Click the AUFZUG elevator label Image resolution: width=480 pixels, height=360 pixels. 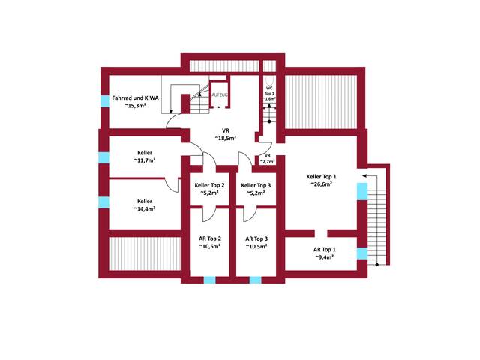[x=220, y=95]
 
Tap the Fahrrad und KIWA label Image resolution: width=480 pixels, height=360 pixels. [x=135, y=98]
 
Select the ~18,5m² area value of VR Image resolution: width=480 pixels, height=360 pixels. [x=225, y=138]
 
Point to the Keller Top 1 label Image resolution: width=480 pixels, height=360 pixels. [x=322, y=177]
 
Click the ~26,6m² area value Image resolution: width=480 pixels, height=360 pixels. [x=322, y=184]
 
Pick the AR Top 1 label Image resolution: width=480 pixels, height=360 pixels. [x=325, y=250]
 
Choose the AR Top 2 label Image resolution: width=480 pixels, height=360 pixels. [x=210, y=238]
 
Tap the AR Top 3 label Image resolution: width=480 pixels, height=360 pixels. [x=256, y=238]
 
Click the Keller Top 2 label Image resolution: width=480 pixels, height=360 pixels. [x=210, y=185]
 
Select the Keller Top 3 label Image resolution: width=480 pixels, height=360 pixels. [x=256, y=185]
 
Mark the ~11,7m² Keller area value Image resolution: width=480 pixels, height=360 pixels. [x=145, y=160]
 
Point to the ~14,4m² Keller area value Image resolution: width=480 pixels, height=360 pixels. [x=145, y=208]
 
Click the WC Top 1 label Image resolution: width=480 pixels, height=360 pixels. [x=269, y=91]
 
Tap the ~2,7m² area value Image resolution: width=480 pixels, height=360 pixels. [x=268, y=162]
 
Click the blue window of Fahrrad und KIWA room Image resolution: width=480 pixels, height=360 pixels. [x=105, y=101]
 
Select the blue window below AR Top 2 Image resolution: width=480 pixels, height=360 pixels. [x=210, y=280]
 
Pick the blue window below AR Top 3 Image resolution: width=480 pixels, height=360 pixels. [x=256, y=280]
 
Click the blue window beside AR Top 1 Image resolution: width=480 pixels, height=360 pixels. [x=362, y=253]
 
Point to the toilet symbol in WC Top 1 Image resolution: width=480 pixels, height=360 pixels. [x=269, y=81]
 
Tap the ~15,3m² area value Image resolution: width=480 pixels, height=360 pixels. [x=135, y=105]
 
